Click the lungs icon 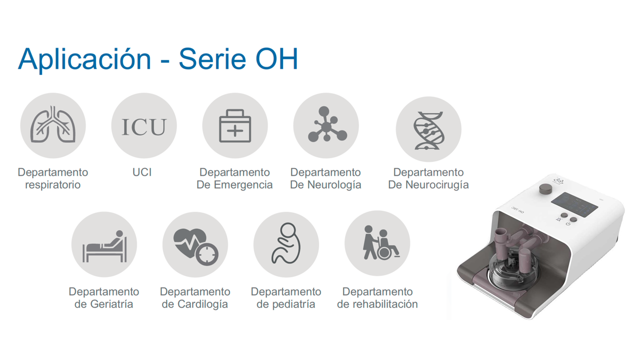pyautogui.click(x=53, y=125)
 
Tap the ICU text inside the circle pyautogui.click(x=144, y=126)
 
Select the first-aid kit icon pyautogui.click(x=235, y=126)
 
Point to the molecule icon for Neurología pyautogui.click(x=326, y=125)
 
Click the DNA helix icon pyautogui.click(x=428, y=129)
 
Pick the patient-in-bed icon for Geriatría pyautogui.click(x=104, y=245)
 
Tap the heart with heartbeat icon pyautogui.click(x=195, y=245)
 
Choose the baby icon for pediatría pyautogui.click(x=286, y=244)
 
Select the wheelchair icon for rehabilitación pyautogui.click(x=377, y=243)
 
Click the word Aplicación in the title pyautogui.click(x=84, y=58)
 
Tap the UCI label pyautogui.click(x=142, y=172)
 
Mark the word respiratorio pyautogui.click(x=52, y=185)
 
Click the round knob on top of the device pyautogui.click(x=545, y=189)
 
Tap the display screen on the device pyautogui.click(x=574, y=204)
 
